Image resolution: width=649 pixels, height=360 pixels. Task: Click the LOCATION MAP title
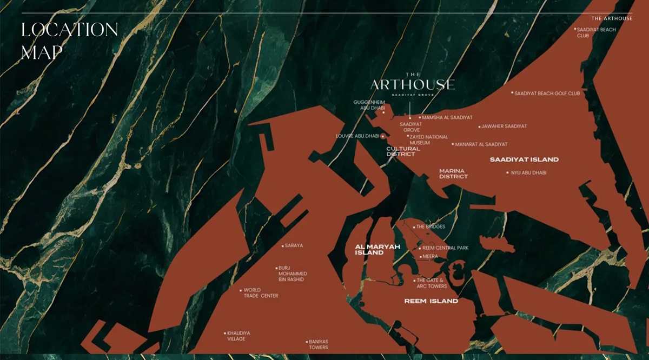(69, 41)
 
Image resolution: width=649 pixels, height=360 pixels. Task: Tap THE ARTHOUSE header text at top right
(612, 18)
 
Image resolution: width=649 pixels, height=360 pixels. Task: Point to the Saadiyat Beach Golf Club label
(547, 94)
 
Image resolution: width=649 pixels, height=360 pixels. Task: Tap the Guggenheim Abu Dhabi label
(368, 105)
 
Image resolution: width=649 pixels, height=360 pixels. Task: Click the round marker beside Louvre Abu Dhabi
(383, 136)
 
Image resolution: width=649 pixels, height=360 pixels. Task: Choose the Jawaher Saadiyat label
(504, 126)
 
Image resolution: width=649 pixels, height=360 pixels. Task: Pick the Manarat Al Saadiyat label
(481, 144)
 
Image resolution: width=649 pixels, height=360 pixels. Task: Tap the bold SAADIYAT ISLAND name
(524, 159)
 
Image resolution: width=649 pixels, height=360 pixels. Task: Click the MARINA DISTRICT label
(453, 174)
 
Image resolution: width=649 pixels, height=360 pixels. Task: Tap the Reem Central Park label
(445, 248)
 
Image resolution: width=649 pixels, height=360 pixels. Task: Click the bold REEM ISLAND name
(431, 301)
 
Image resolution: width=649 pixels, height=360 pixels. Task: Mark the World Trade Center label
(260, 293)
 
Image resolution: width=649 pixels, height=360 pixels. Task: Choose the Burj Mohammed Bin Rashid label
(292, 274)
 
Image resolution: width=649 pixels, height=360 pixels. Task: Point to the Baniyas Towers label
(318, 344)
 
